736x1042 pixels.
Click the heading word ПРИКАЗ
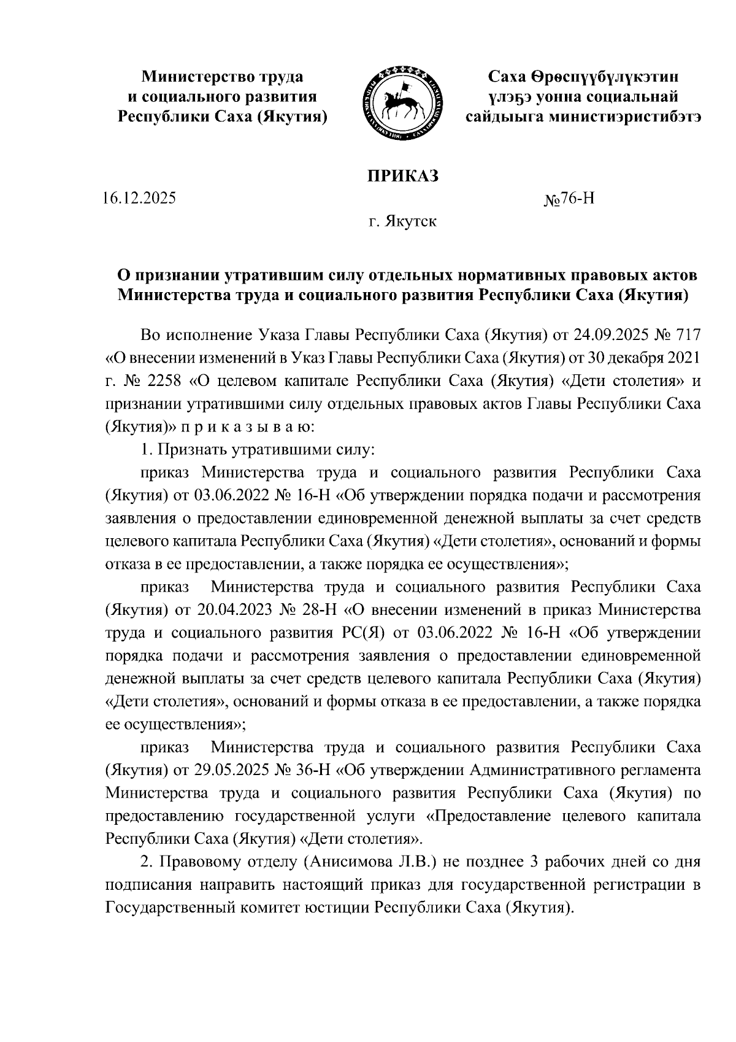click(403, 176)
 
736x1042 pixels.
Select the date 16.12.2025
click(139, 199)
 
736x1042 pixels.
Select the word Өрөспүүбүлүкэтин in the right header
click(592, 77)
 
